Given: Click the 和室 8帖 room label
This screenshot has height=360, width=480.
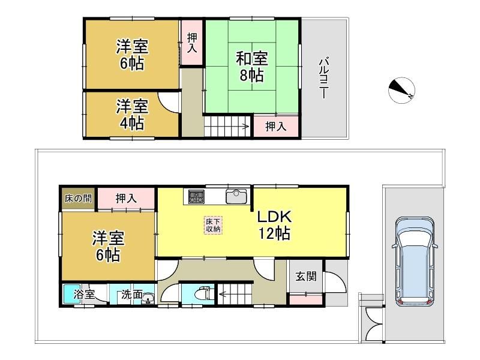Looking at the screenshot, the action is [251, 67].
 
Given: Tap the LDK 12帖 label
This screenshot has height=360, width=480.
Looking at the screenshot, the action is [274, 225].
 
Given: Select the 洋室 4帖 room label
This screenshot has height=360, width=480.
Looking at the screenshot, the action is [132, 115].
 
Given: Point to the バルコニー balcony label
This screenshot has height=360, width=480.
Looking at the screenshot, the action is [323, 79].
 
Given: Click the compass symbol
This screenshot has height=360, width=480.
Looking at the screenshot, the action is [401, 90].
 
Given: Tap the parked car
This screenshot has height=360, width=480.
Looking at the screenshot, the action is [415, 262].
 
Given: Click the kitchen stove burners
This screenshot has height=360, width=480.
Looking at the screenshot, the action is [196, 196].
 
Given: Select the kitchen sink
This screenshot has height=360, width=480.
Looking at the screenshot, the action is [236, 196].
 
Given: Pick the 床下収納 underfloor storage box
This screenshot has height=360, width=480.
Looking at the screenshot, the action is [213, 226].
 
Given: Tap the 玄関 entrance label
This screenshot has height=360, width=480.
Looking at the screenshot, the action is [306, 277].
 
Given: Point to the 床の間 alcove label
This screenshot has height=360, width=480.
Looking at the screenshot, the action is [78, 199].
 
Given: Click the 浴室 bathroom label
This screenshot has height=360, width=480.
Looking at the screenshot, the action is [83, 295].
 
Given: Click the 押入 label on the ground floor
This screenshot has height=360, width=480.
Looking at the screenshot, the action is [126, 199].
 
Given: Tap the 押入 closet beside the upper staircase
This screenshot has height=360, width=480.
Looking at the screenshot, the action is [275, 126].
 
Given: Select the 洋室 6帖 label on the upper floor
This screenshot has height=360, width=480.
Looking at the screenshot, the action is [132, 55].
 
